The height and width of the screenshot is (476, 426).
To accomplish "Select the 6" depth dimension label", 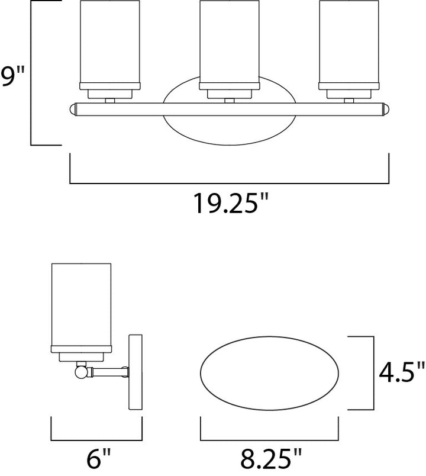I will point(98,458).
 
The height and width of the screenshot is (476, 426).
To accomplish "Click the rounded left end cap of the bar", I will point(73,109).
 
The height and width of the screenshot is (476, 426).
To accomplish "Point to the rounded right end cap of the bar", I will point(385,109).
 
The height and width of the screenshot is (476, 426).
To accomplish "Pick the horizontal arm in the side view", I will point(106,372).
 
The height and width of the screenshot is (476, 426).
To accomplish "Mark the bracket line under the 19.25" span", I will point(229,184).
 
